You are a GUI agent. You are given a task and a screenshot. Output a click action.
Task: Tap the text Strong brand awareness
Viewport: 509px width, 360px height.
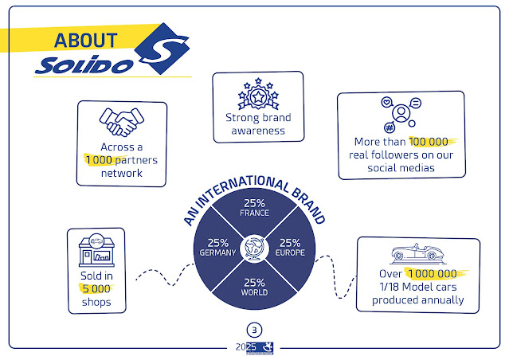pyautogui.click(x=257, y=124)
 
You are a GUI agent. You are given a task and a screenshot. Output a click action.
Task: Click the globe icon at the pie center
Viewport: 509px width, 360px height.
pyautogui.click(x=255, y=246)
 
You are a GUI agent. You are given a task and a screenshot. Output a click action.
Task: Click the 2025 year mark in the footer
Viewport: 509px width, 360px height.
pyautogui.click(x=245, y=346)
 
